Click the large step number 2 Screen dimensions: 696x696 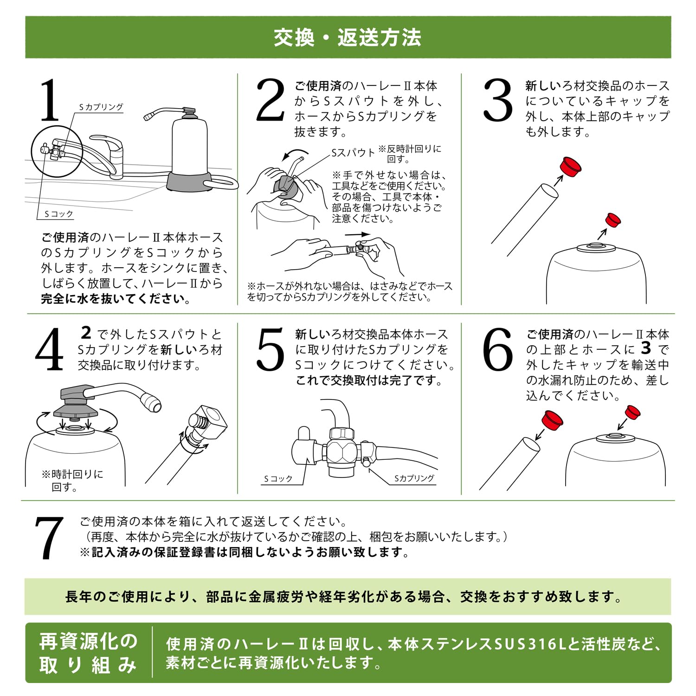point(270,100)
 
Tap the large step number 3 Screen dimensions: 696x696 point(497,100)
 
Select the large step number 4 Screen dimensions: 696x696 point(49,349)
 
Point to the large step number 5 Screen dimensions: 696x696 point(270,349)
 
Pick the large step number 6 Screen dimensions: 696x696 point(497,349)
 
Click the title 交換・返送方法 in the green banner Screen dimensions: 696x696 point(348,38)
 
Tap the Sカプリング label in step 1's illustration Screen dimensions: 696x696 point(101,107)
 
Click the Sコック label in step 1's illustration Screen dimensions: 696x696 point(59,214)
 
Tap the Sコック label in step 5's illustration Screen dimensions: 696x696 point(278,479)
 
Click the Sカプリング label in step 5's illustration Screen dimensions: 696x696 point(414,478)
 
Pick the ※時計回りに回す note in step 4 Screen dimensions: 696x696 point(72,481)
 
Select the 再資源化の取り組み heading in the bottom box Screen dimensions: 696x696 point(88,653)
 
